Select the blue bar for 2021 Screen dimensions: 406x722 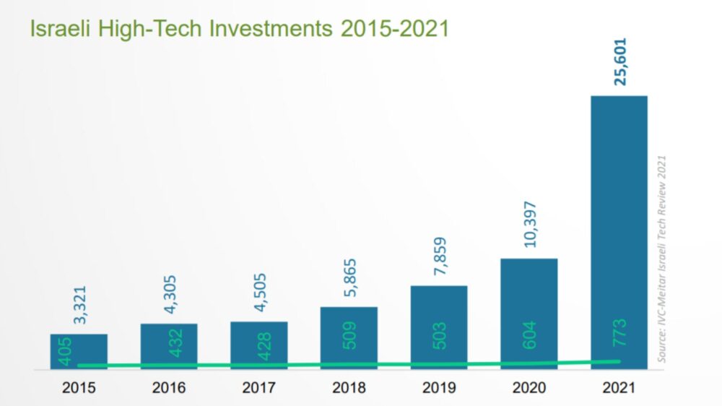coord(619,217)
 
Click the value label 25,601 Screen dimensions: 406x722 coord(619,62)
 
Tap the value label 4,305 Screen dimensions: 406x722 coord(169,294)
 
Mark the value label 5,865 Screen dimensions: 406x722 coord(349,277)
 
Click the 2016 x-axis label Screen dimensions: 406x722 coord(169,388)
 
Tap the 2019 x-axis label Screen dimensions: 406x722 coord(439,388)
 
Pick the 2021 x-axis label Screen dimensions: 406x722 coord(619,388)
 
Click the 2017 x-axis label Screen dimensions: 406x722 coord(259,388)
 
